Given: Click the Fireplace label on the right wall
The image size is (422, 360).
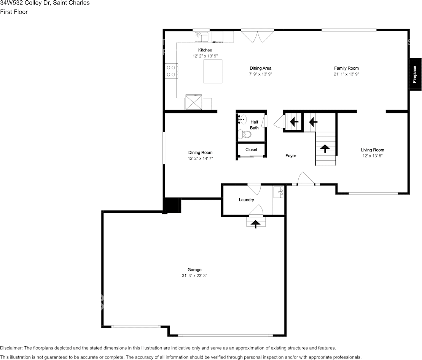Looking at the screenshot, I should tap(415, 74).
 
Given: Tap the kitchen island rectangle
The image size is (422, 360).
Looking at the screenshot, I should tap(213, 72).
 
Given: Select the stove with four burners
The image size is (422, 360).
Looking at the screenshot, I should tap(171, 71).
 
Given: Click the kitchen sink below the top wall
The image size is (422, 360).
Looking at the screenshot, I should tap(201, 37).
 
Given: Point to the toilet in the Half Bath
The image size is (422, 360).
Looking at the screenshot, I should tap(245, 134).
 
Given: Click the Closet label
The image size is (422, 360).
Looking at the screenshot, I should tap(251, 150).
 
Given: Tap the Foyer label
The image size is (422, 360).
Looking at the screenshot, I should tap(291, 156).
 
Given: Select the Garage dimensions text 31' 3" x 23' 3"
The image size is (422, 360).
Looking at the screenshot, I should tap(194, 276).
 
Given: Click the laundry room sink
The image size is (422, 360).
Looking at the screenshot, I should tap(279, 193).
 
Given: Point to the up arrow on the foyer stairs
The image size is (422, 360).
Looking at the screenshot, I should tap(325, 148).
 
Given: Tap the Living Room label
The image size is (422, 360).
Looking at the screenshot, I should tap(373, 150).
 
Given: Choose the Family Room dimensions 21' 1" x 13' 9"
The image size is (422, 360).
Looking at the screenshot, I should tap(346, 74).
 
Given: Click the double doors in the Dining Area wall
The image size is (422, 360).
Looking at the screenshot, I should tap(258, 37).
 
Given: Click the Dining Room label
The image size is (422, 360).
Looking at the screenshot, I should tap(200, 153).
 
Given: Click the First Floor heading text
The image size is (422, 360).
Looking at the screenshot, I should tap(14, 12).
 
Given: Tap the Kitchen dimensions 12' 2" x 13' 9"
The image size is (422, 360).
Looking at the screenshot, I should tap(205, 56).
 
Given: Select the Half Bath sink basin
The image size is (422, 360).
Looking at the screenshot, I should tap(244, 119).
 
